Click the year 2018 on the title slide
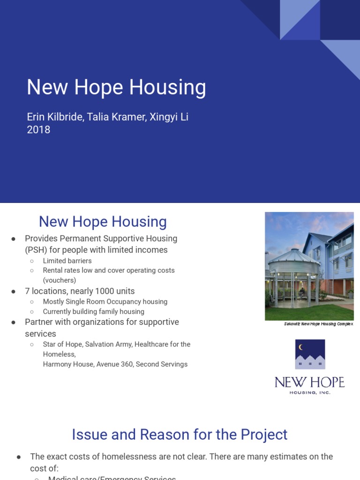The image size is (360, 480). click(38, 130)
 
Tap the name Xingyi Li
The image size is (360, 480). click(169, 117)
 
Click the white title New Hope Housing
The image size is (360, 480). click(116, 88)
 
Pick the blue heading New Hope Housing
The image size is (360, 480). click(103, 222)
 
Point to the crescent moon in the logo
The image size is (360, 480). click(301, 347)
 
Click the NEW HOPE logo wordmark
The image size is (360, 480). click(309, 382)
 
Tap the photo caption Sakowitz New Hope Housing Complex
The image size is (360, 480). click(318, 324)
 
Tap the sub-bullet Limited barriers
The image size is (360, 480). click(67, 261)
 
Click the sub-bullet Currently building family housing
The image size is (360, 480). click(93, 312)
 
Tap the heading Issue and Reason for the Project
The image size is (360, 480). click(180, 435)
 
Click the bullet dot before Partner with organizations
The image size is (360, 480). click(14, 322)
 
